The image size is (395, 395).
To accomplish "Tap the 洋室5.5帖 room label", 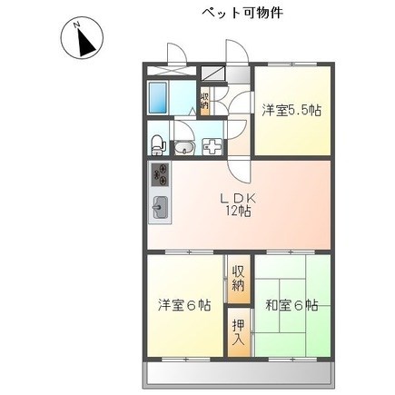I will click(291, 111).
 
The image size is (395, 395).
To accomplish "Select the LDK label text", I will click(238, 198).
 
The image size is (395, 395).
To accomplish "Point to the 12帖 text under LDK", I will click(238, 212).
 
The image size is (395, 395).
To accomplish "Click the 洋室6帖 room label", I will click(183, 305).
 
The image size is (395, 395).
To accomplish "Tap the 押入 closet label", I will click(238, 333).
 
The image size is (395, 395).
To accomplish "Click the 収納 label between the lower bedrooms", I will click(238, 278).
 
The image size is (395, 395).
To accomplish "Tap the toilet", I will click(158, 143).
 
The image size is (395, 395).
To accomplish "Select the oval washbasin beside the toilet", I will click(182, 149).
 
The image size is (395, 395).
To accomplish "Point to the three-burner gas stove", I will click(159, 175).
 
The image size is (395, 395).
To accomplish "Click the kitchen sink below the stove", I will click(159, 208).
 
